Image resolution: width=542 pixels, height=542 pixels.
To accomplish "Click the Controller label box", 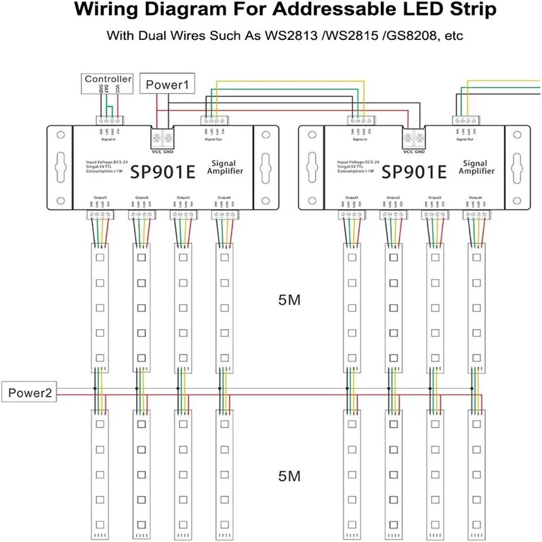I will coord(108,80).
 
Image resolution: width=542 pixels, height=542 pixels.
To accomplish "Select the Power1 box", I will coord(167,85).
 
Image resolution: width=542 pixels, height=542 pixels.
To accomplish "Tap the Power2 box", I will coord(28,392).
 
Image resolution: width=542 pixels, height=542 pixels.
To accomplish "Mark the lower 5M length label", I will coord(289,477).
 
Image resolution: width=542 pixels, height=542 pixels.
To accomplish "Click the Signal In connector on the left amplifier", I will coord(107,120).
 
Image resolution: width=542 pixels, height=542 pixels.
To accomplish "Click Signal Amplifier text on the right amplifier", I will coord(476,167).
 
